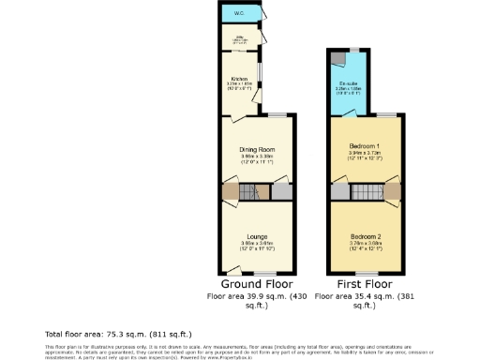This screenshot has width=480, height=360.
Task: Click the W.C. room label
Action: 240,14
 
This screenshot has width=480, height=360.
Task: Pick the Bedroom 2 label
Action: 365,234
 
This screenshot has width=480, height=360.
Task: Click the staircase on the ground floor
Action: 249,193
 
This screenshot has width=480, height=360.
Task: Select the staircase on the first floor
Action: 365,193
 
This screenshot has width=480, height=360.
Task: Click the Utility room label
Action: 239,38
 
